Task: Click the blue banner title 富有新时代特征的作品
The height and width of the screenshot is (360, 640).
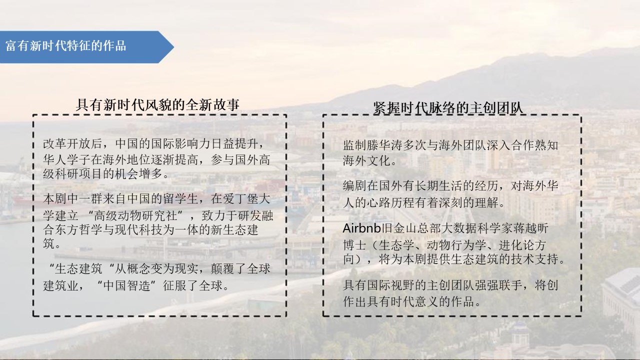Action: pos(65,46)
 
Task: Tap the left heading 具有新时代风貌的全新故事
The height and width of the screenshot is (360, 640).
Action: pos(157,105)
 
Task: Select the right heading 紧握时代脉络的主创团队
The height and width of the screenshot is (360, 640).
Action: pos(448,108)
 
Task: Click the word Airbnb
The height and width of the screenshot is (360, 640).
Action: pos(361,228)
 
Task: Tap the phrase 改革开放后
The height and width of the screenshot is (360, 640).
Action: pos(72,143)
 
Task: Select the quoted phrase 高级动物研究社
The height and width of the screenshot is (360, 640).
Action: pos(135,215)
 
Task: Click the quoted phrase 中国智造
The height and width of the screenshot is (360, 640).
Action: pos(127,285)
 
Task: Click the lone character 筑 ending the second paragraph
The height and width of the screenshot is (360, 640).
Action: pos(49,243)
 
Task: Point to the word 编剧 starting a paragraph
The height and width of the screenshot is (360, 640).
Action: pos(355,186)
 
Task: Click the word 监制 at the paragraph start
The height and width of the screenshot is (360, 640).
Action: pos(355,145)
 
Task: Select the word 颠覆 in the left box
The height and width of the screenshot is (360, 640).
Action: pos(223,268)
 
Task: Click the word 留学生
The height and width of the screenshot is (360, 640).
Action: pos(181,199)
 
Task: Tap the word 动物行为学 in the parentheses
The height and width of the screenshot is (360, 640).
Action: pos(456,245)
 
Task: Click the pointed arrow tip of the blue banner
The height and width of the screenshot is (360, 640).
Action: pos(173,47)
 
